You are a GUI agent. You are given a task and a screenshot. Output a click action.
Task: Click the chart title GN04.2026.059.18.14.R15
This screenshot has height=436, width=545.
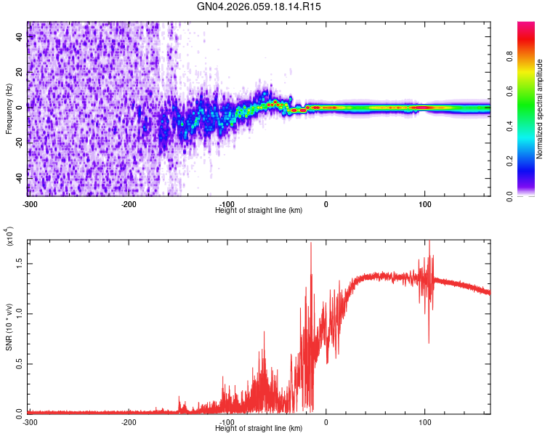click(x=259, y=7)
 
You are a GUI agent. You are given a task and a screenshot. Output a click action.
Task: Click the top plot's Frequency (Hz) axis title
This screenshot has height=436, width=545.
click(x=9, y=109)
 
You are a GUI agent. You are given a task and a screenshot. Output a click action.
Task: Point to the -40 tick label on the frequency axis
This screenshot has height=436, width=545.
click(x=17, y=178)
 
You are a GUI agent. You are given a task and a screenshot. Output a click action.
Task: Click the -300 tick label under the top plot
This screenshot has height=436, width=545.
click(x=29, y=203)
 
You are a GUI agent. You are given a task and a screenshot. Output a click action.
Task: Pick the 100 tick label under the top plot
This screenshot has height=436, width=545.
click(x=424, y=203)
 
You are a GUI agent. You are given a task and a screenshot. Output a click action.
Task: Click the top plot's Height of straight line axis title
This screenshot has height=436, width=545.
click(x=259, y=210)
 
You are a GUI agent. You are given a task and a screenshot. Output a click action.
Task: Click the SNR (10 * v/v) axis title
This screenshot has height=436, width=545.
click(x=9, y=327)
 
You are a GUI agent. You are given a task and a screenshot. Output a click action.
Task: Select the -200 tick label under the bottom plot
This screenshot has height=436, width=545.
click(x=129, y=421)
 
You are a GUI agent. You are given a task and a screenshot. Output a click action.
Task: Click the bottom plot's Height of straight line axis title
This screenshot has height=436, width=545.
click(x=259, y=429)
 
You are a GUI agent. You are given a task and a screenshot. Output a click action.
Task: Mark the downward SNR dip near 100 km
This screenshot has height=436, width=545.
click(x=429, y=342)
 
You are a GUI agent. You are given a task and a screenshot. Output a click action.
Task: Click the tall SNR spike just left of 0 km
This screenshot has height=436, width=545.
click(x=311, y=244)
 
